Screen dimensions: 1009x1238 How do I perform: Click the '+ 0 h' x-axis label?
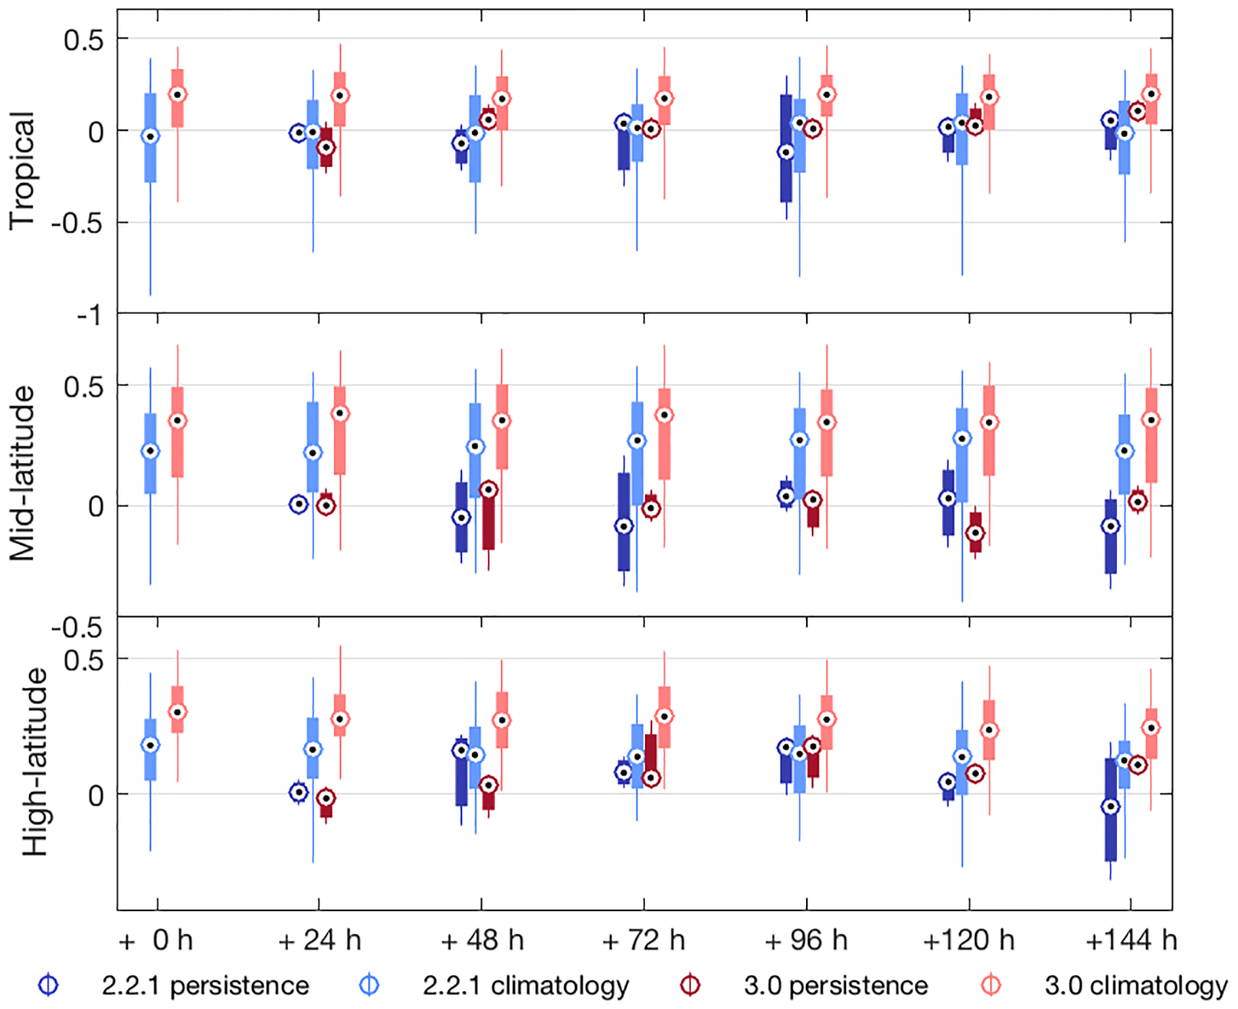click(156, 941)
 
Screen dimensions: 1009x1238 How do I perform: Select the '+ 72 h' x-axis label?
click(643, 941)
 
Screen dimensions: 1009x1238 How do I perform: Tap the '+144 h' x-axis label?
click(1131, 941)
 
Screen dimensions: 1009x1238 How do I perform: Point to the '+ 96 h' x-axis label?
click(806, 941)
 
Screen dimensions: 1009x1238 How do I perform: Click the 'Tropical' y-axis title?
click(22, 171)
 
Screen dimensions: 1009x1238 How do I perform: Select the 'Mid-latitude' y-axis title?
click(22, 473)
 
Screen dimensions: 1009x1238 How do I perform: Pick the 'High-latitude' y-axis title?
click(35, 762)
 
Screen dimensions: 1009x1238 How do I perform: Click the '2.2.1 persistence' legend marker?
click(48, 985)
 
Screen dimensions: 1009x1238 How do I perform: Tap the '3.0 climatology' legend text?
click(1136, 985)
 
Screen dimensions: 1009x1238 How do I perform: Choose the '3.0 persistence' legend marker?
click(690, 985)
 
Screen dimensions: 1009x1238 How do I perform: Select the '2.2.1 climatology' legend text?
click(525, 985)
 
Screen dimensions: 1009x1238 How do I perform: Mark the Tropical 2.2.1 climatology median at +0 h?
click(150, 136)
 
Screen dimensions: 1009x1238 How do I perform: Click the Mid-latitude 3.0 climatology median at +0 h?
click(177, 420)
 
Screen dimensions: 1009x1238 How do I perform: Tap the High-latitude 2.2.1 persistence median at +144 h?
click(1111, 807)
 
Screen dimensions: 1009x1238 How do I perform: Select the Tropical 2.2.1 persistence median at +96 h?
click(786, 152)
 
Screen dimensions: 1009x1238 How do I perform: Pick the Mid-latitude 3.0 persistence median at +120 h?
click(975, 533)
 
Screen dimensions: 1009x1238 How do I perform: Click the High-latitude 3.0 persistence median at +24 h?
click(326, 798)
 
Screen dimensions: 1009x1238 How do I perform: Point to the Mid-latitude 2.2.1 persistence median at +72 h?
click(624, 527)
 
